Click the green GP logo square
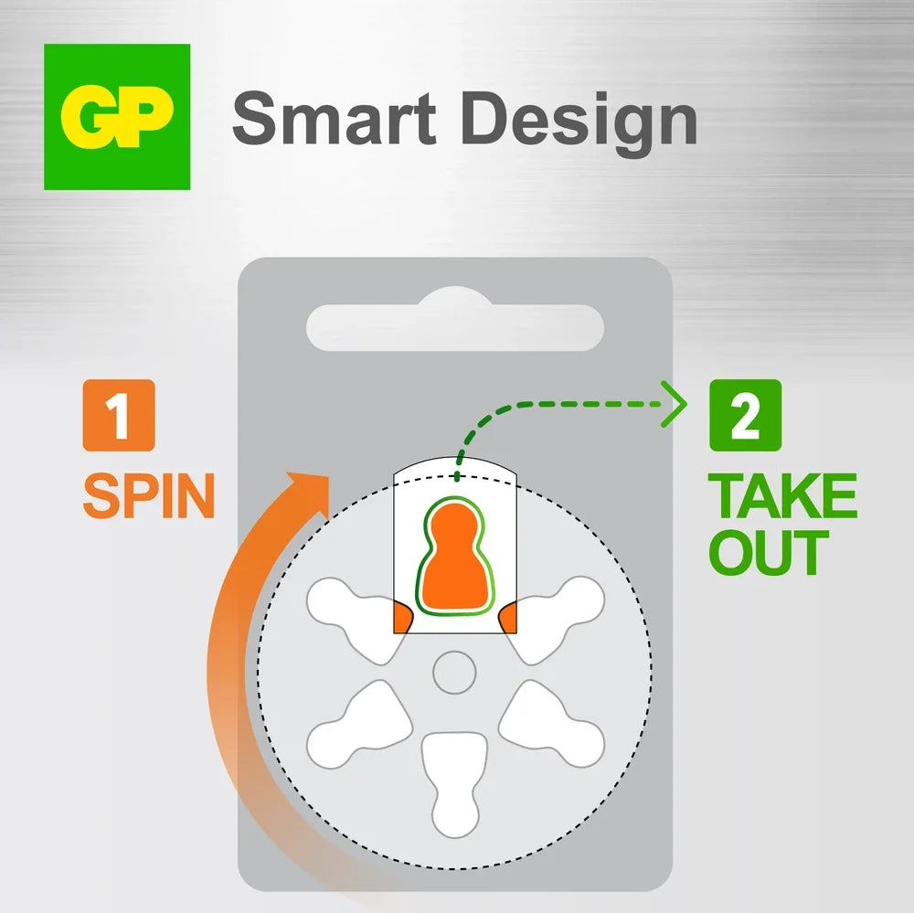(x=117, y=117)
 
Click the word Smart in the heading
(x=334, y=119)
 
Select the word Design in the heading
(x=580, y=124)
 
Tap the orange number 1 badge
(x=119, y=415)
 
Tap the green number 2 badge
(x=745, y=415)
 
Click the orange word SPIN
(x=149, y=495)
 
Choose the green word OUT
(x=769, y=552)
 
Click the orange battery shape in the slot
(x=454, y=555)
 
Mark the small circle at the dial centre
(x=454, y=673)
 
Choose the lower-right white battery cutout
(x=551, y=725)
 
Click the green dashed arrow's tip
(x=685, y=404)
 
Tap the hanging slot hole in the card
(x=455, y=323)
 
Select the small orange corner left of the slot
(x=402, y=618)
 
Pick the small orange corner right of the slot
(x=508, y=618)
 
